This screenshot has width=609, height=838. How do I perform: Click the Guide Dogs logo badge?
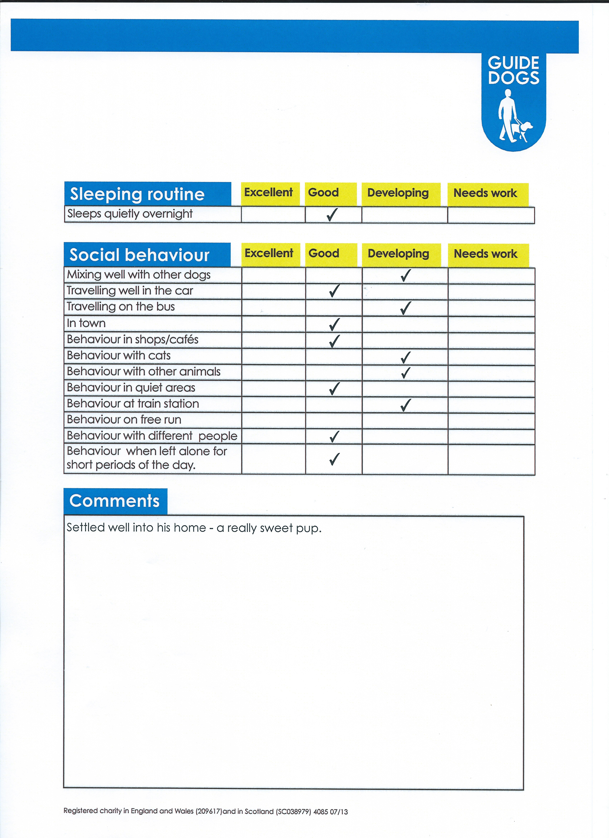tap(513, 102)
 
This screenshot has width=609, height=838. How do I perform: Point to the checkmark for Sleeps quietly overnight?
tap(332, 214)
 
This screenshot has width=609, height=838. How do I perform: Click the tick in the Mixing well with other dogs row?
tap(406, 275)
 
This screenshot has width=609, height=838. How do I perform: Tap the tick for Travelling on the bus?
tap(406, 308)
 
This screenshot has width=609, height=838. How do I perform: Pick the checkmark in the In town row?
tap(334, 324)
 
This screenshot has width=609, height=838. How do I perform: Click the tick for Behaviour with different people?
tap(334, 436)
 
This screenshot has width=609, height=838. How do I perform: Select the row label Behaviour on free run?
tap(124, 420)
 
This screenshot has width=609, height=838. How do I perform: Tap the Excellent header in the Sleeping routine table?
tap(268, 192)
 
